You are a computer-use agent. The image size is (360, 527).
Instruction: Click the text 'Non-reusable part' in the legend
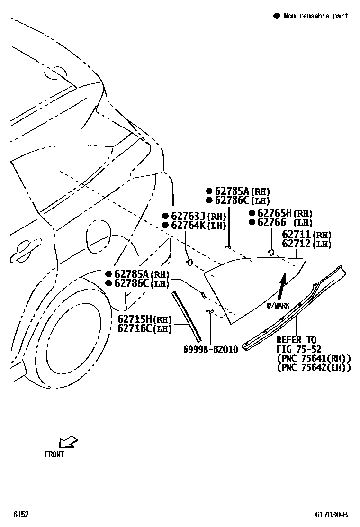[315, 16]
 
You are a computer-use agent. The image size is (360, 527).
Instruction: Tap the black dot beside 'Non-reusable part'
[277, 16]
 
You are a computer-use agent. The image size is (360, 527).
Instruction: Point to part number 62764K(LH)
[198, 225]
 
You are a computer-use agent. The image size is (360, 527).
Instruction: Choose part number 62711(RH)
[306, 235]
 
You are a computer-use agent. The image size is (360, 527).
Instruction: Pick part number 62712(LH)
[306, 244]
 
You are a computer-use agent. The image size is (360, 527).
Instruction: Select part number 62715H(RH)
[144, 319]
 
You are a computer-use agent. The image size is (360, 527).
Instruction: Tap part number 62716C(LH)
[144, 328]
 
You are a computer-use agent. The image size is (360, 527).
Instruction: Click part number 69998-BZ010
[210, 349]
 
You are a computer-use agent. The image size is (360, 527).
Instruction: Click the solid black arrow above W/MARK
[282, 286]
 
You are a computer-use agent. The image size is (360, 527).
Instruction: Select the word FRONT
[54, 454]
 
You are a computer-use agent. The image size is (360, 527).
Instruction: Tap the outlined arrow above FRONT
[68, 442]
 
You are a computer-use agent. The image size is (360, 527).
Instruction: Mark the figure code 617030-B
[332, 515]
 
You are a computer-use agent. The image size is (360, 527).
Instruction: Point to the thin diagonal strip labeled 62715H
[187, 316]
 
